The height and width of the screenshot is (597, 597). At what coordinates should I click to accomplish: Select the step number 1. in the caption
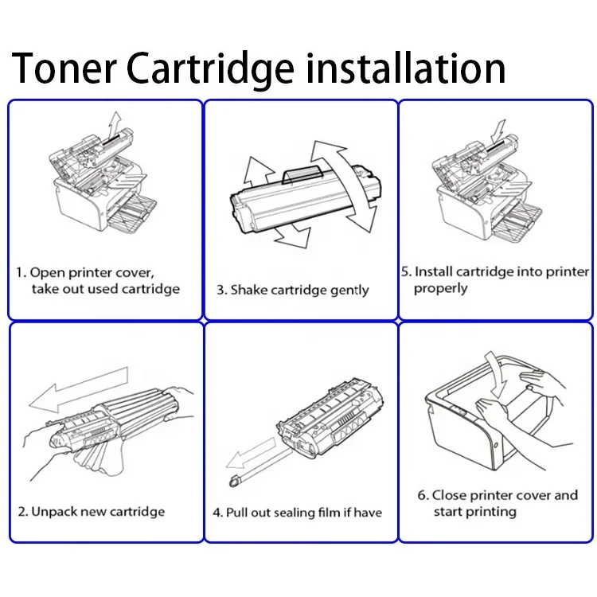tap(21, 272)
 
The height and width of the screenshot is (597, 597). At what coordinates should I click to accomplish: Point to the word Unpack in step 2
tap(55, 511)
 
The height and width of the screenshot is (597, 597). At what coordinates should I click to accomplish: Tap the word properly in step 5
tap(440, 288)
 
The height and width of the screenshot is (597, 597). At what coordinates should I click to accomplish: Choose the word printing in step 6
tap(491, 511)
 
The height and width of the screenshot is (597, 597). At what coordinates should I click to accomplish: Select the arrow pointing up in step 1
tap(115, 123)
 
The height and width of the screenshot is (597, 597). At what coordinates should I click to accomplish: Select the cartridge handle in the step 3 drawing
tap(303, 173)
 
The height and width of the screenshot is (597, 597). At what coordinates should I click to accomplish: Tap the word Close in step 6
tap(449, 495)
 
